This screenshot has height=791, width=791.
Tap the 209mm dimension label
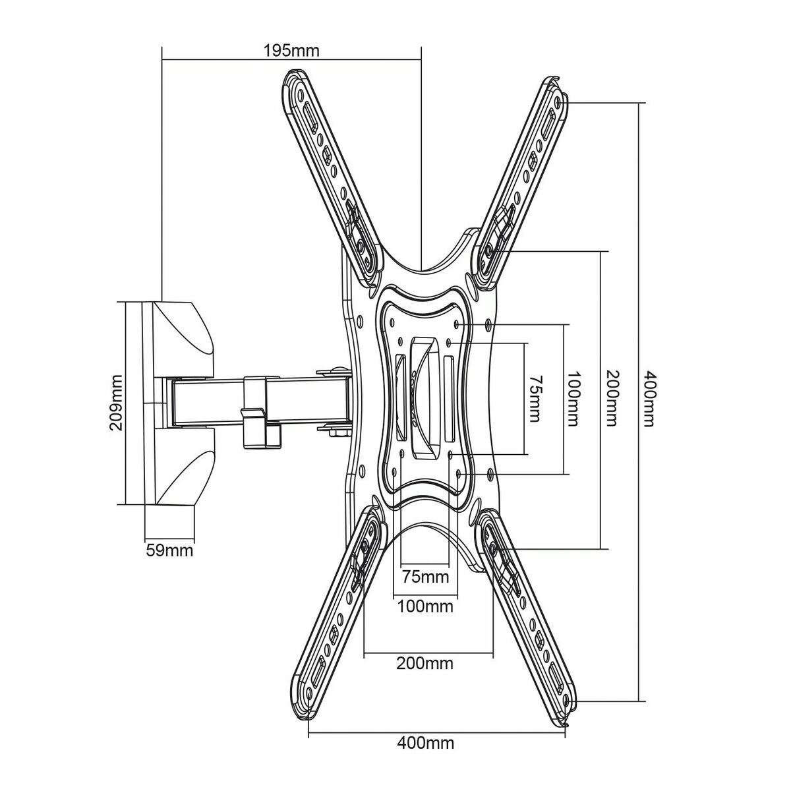117,403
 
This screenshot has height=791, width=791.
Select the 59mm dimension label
169,549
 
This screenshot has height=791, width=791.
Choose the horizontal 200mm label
425,662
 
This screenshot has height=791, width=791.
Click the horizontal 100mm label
425,605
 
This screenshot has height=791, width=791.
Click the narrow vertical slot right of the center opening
448,399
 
